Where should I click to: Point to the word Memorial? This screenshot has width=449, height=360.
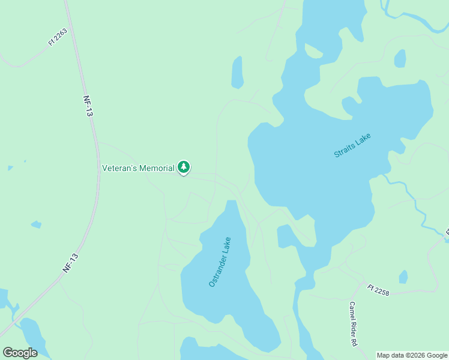point(157,168)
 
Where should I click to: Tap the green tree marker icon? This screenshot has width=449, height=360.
point(184,167)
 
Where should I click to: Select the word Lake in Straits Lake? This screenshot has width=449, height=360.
point(364,138)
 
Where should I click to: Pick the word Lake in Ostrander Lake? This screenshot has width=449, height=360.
point(227,245)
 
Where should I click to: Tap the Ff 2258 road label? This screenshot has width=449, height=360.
point(379,290)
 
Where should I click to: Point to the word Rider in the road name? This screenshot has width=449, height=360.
point(354,326)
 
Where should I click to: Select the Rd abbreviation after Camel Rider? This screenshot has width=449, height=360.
point(354,342)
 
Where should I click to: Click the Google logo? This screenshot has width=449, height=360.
point(20,353)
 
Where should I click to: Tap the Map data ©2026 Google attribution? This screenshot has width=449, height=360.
point(412,355)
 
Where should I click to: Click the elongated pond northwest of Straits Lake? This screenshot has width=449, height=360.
point(238,73)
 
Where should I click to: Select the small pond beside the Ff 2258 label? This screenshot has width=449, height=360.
point(403,277)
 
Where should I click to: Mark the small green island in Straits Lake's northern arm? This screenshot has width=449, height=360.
point(313,50)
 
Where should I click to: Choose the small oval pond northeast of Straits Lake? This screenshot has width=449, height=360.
point(400,58)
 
